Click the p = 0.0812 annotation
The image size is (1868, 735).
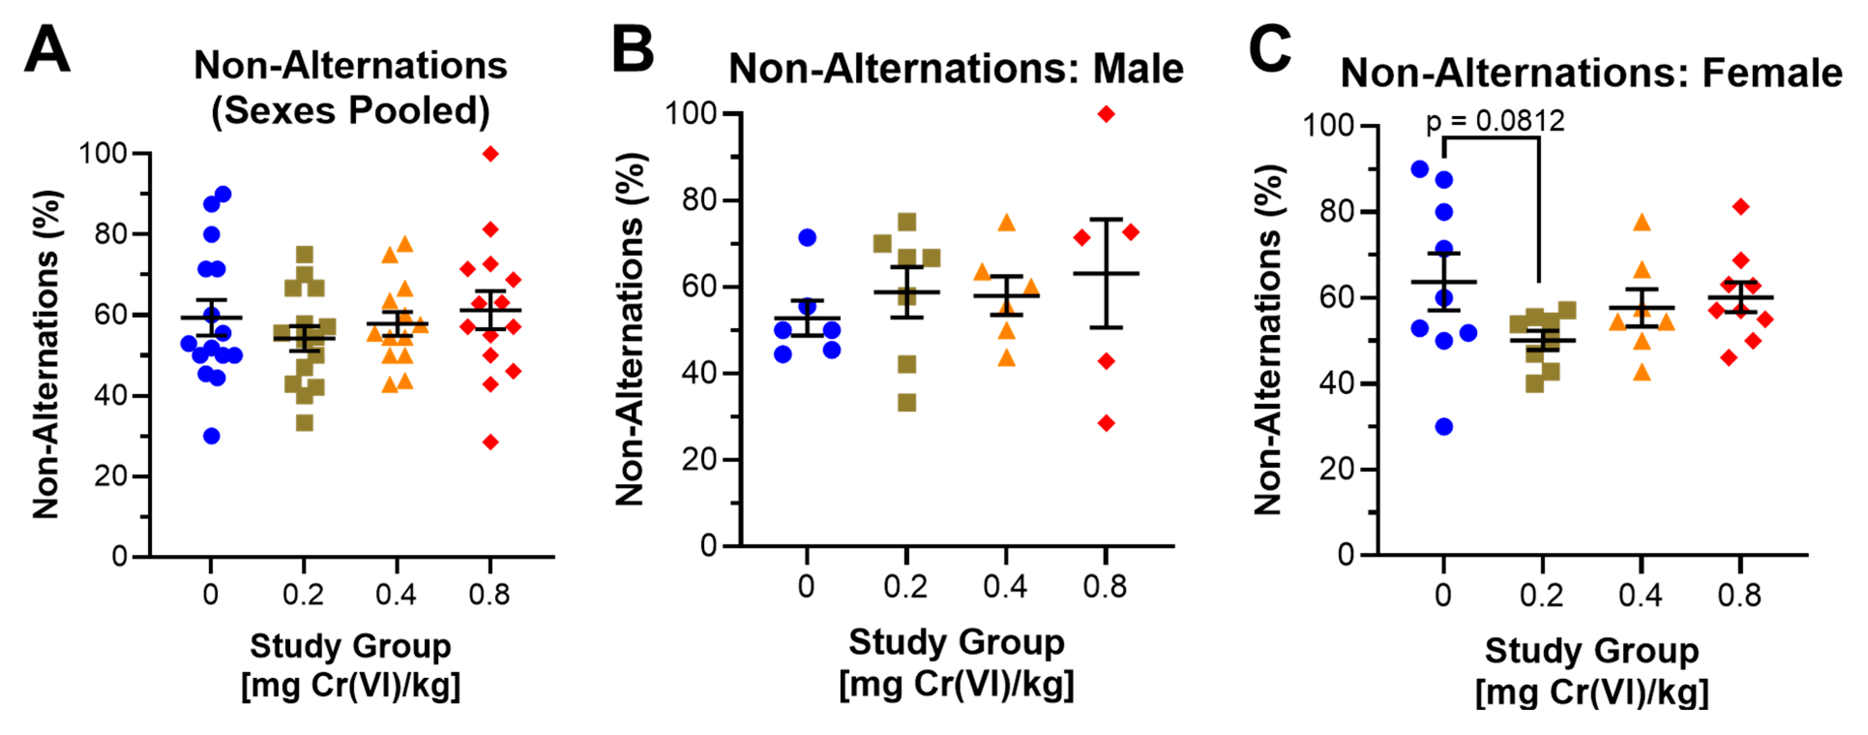pos(1495,120)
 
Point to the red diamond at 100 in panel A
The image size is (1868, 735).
pos(490,154)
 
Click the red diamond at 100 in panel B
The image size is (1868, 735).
pos(1106,114)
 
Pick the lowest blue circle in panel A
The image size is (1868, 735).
pos(211,436)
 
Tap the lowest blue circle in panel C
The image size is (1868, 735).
pos(1444,426)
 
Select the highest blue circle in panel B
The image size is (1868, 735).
pos(807,237)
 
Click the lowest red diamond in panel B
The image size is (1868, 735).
pos(1106,423)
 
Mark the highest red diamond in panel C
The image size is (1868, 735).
pos(1740,206)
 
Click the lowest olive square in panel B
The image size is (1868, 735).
pos(907,402)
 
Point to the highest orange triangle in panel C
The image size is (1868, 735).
pos(1642,222)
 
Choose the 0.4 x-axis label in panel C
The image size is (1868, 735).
pos(1640,595)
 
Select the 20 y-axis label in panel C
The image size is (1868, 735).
pos(1337,469)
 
